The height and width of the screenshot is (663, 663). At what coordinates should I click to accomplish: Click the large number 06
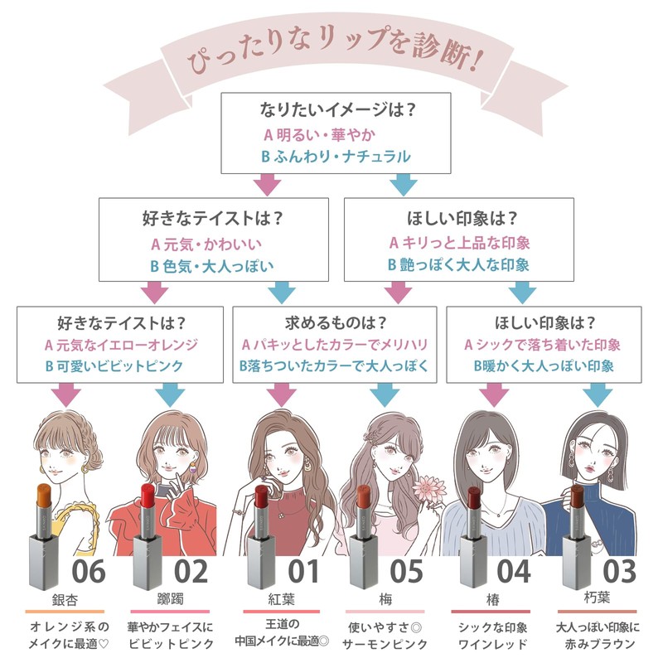click(x=89, y=572)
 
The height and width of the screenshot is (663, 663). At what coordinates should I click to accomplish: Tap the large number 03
click(x=619, y=572)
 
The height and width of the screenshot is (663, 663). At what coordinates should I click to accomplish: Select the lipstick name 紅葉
click(x=281, y=599)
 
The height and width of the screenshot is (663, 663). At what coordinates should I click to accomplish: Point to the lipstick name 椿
click(x=492, y=599)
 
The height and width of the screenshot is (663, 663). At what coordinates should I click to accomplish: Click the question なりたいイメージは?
click(x=337, y=109)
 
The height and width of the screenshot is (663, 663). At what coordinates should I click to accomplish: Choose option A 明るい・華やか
click(x=320, y=135)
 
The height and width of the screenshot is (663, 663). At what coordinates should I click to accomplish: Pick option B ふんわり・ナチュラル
click(x=336, y=157)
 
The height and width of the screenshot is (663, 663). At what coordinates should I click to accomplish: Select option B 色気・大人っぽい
click(x=212, y=266)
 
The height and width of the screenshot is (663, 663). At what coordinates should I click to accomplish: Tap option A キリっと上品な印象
click(x=460, y=243)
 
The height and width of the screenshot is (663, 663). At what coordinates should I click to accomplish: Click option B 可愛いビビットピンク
click(x=114, y=366)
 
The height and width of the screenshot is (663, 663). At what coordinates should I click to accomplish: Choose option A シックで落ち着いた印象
click(x=543, y=345)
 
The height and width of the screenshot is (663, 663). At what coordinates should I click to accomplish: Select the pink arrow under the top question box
click(x=267, y=185)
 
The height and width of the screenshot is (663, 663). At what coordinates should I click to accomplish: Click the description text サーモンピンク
click(x=385, y=645)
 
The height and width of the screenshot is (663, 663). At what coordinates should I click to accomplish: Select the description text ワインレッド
click(x=492, y=645)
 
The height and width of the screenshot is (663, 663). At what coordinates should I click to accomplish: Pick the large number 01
click(x=303, y=572)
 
